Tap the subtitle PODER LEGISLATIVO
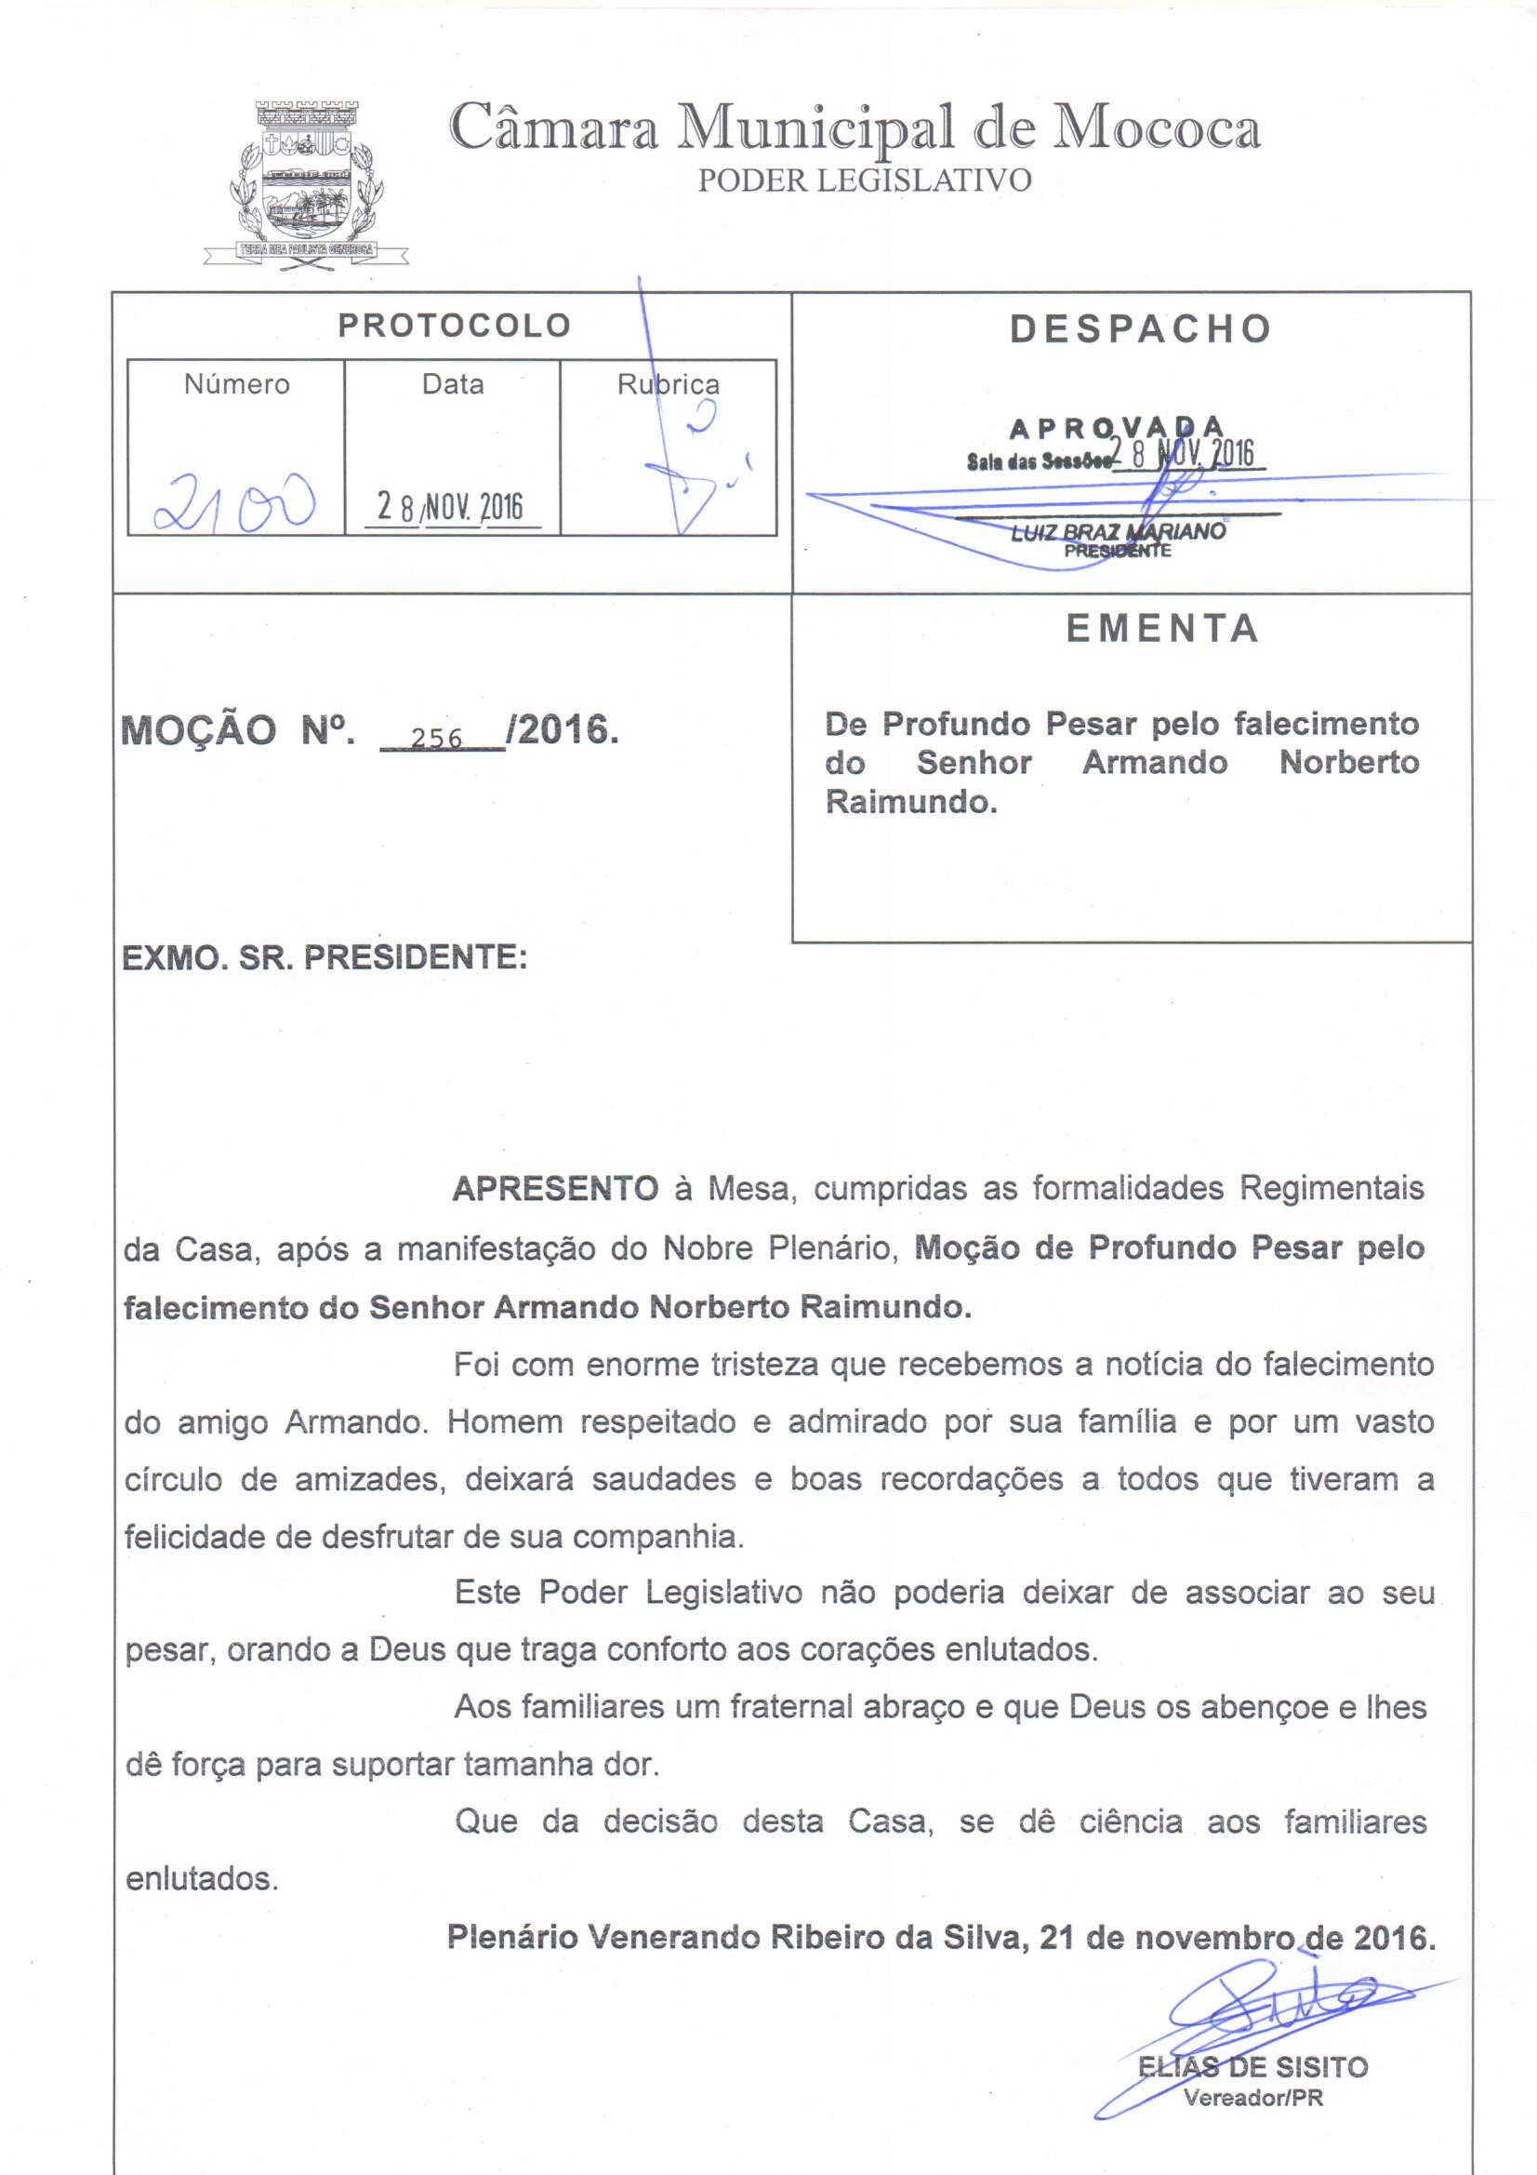tap(864, 180)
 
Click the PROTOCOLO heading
tap(455, 326)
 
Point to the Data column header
tap(453, 383)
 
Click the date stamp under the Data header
tap(450, 507)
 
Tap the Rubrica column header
tap(668, 384)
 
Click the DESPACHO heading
tap(1139, 328)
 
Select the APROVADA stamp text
tap(1118, 429)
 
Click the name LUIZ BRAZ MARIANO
tap(1118, 532)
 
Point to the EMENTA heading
tap(1162, 629)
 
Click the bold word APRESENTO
tap(555, 1188)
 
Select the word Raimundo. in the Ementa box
tap(911, 802)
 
